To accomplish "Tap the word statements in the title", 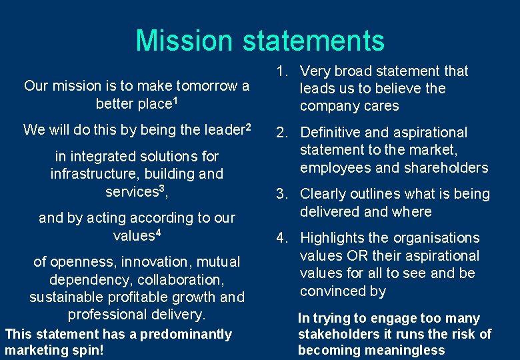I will [313, 40].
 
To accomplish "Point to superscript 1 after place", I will [176, 101].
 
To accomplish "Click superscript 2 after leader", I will [247, 126].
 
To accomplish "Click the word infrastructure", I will [88, 174].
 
